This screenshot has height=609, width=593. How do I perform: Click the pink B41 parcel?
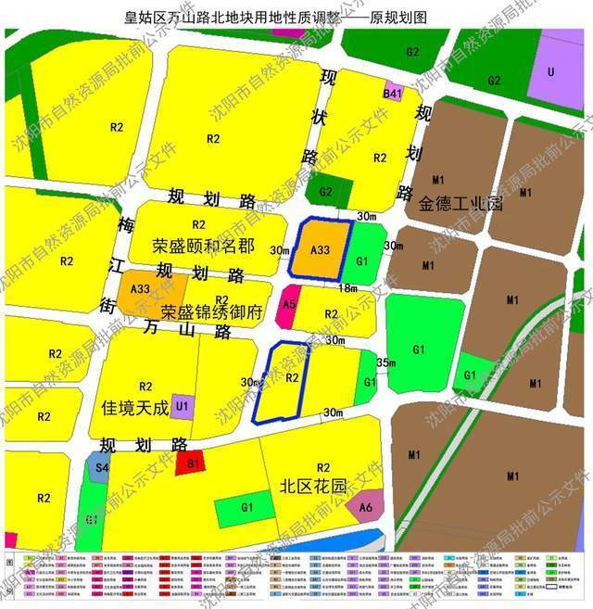pyautogui.click(x=393, y=94)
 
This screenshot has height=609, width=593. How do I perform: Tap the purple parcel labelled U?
pyautogui.click(x=550, y=72)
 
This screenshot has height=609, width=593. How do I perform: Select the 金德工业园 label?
pyautogui.click(x=460, y=203)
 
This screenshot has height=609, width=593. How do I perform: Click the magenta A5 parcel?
pyautogui.click(x=289, y=304)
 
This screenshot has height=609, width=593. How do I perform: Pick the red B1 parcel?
pyautogui.click(x=193, y=463)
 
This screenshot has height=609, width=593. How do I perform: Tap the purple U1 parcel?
pyautogui.click(x=183, y=405)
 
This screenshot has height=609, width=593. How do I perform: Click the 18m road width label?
pyautogui.click(x=347, y=288)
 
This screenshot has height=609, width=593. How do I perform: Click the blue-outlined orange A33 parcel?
pyautogui.click(x=320, y=248)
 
